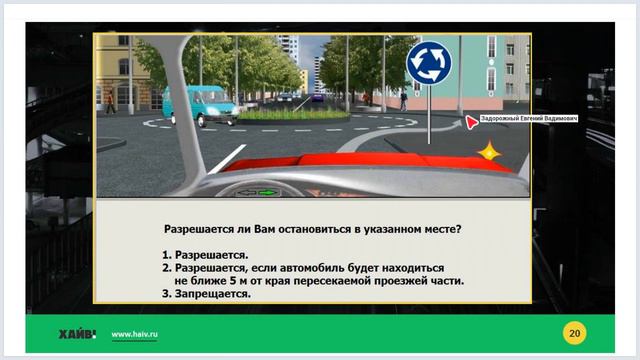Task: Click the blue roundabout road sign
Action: [428, 62]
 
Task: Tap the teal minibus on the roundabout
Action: [199, 104]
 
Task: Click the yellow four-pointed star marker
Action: [489, 151]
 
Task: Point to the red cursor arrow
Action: [471, 122]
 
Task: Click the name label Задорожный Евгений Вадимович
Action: [529, 118]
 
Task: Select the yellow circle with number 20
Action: [574, 332]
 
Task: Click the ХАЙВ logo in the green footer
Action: [77, 333]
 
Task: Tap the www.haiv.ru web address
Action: [133, 333]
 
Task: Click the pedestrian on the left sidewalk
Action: [110, 101]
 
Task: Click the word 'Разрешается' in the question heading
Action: [203, 228]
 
